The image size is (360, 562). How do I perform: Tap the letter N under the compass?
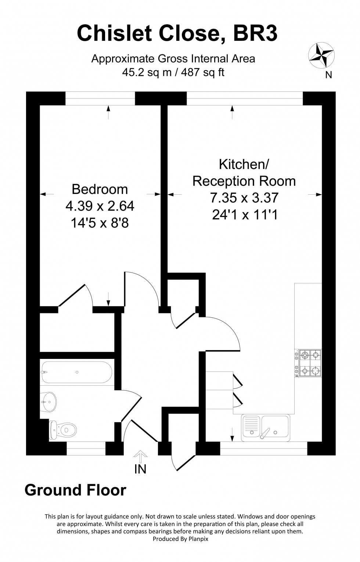(329, 75)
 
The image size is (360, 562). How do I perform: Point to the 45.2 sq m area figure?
(147, 72)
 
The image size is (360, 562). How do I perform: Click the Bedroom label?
(100, 189)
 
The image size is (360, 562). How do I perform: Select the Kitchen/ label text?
(244, 164)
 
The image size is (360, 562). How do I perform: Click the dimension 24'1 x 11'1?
(244, 215)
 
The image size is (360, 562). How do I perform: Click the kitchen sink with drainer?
(266, 428)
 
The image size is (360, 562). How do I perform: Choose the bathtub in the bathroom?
(77, 372)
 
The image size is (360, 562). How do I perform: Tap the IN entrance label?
(140, 469)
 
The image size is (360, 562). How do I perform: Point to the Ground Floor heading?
(75, 490)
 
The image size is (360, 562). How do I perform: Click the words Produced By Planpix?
(180, 539)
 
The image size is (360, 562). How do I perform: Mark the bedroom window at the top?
(100, 98)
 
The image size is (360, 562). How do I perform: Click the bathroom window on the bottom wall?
(86, 448)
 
